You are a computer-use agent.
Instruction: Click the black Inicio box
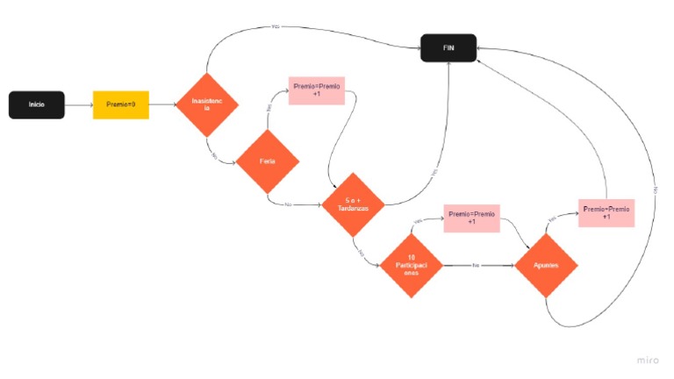pos(36,104)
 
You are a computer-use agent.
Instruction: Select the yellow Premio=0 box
pos(120,104)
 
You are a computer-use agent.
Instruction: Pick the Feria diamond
pos(267,161)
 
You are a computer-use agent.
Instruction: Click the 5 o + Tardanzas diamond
pos(353,205)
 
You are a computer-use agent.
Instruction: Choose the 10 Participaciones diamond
pos(410,264)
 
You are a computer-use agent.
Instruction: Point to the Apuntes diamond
pos(547,264)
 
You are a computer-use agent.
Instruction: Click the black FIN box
pos(448,48)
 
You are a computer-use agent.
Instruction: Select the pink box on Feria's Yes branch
pos(316,90)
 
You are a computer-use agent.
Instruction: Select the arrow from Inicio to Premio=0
pos(78,105)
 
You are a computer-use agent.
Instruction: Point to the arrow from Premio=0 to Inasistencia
pos(162,105)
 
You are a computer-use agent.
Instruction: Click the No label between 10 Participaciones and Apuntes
pos(476,265)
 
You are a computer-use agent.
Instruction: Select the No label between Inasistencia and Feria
pos(213,154)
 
